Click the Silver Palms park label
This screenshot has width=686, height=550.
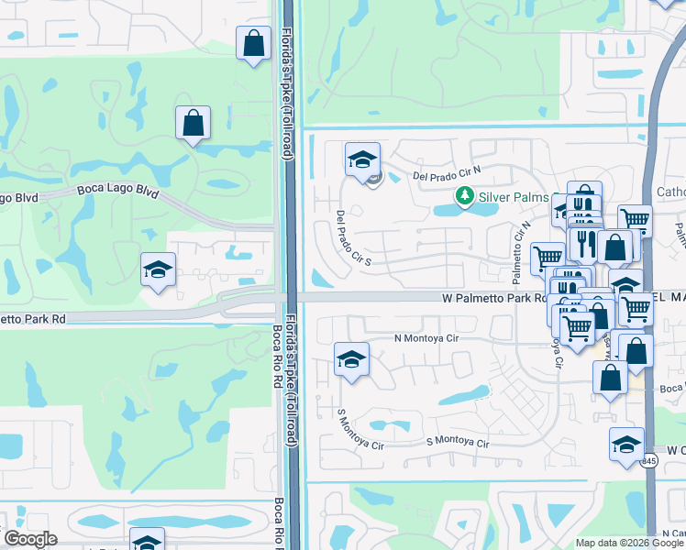tap(514, 197)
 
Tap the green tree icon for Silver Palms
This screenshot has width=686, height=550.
tap(465, 196)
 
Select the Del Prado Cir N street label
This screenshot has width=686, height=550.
tap(448, 173)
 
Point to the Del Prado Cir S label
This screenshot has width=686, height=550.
tap(353, 238)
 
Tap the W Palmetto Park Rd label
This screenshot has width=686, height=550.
tap(492, 298)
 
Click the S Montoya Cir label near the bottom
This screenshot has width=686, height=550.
tap(459, 443)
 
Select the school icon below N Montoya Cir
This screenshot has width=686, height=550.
tap(351, 360)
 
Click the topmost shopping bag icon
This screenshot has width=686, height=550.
tap(253, 43)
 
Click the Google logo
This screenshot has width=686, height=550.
tap(31, 539)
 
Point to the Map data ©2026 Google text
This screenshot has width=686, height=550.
tap(628, 543)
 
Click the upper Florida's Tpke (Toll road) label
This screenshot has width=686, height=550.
tap(287, 82)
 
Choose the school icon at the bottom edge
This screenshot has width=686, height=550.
tap(147, 541)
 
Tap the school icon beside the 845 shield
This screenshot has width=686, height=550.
tap(626, 445)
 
